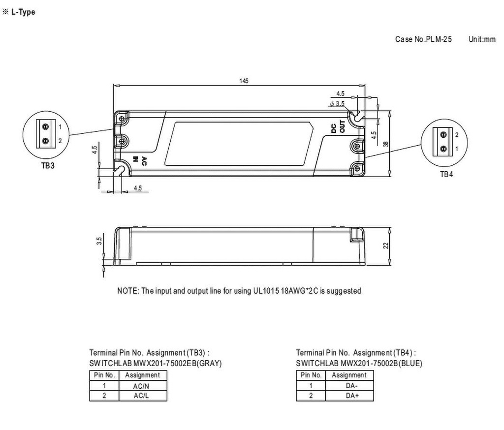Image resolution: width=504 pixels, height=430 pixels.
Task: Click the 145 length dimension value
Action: coord(244,81)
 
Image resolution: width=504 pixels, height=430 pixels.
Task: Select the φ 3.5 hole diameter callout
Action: coord(337,103)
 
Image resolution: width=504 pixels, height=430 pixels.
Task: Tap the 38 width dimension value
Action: coord(386,144)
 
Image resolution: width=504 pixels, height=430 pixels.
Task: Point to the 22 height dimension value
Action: coord(386,246)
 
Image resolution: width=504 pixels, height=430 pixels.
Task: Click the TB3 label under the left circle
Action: coord(48,166)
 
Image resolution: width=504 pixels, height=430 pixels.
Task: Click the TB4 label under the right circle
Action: coord(446,174)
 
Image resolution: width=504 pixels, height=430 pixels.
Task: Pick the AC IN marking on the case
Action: coord(140,161)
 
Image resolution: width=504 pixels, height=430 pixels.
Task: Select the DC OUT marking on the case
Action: coord(338,126)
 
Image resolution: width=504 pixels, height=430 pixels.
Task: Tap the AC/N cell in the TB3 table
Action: coord(141,386)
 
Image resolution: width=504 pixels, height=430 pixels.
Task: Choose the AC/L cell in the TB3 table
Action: coord(141,396)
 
